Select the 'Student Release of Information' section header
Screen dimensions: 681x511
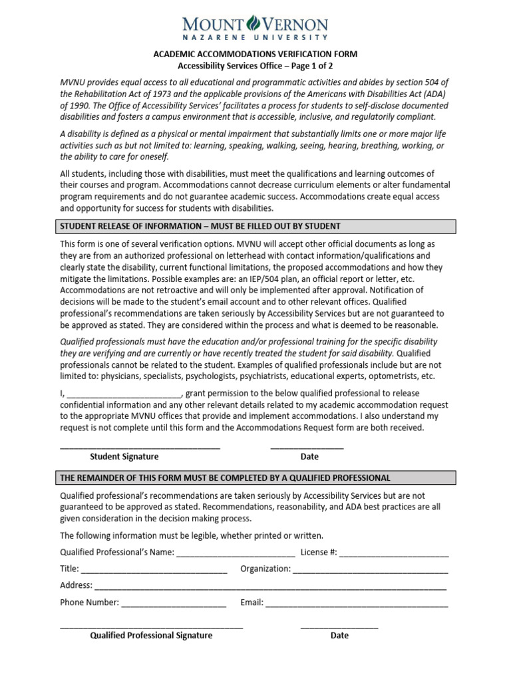(x=200, y=226)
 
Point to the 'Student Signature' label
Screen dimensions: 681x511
(x=124, y=457)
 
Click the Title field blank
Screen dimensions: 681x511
(x=154, y=571)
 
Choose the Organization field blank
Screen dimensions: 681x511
(x=370, y=571)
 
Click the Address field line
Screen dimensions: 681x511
(x=270, y=587)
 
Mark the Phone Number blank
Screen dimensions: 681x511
(x=174, y=605)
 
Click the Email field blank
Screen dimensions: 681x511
(x=357, y=605)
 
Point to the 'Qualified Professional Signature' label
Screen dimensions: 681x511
(x=151, y=636)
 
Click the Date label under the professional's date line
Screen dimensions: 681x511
(x=339, y=636)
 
